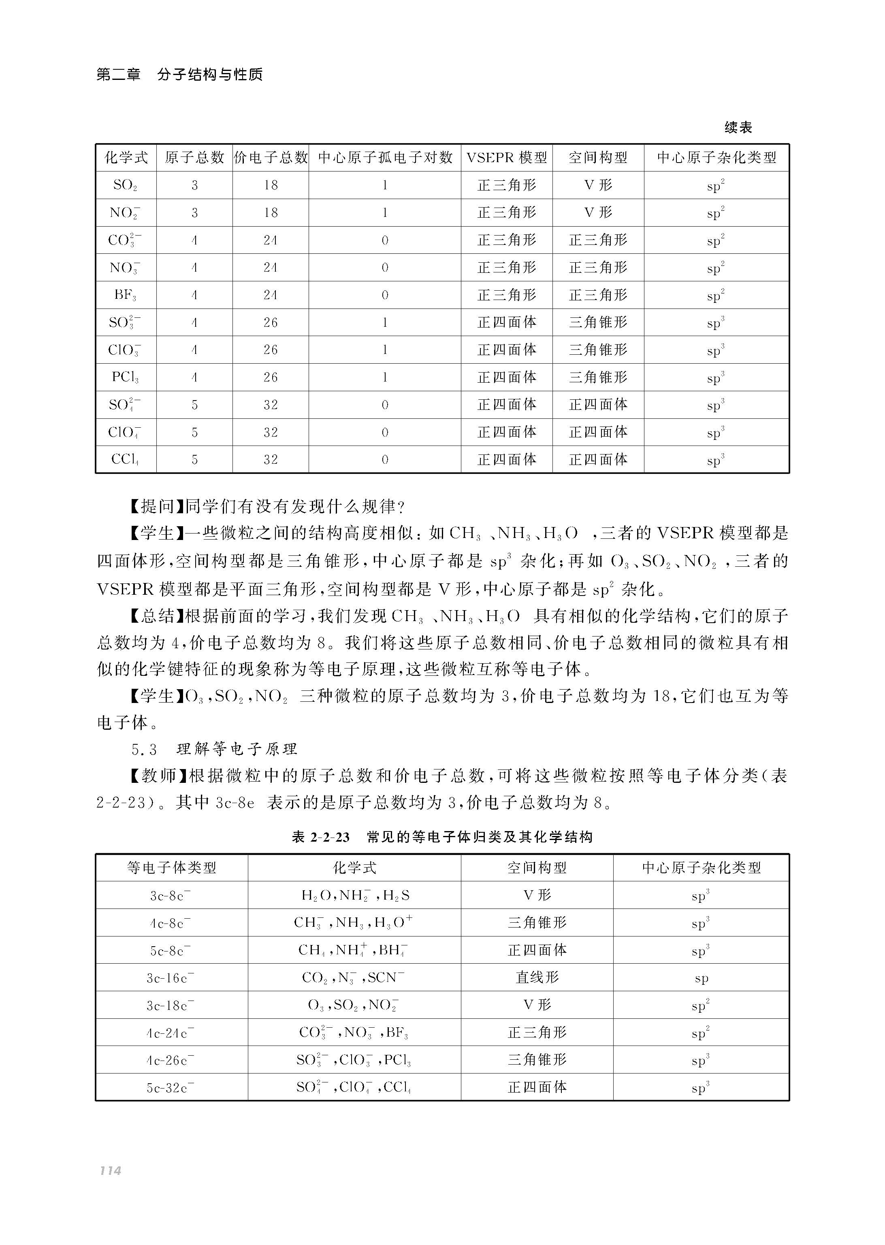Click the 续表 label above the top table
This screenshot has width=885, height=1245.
pyautogui.click(x=738, y=128)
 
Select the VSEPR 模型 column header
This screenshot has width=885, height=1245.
pyautogui.click(x=506, y=158)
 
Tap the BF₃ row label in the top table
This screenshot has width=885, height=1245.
pyautogui.click(x=125, y=295)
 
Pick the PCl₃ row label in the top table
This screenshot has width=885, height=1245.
pyautogui.click(x=125, y=377)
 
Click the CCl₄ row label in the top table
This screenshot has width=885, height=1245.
pyautogui.click(x=125, y=459)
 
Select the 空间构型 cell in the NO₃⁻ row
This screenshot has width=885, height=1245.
pyautogui.click(x=598, y=267)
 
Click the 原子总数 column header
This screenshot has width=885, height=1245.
pyautogui.click(x=194, y=158)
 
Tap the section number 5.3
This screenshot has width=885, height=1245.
pyautogui.click(x=144, y=749)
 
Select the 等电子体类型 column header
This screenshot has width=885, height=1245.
pyautogui.click(x=172, y=868)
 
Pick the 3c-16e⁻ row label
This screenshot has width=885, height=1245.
pyautogui.click(x=170, y=978)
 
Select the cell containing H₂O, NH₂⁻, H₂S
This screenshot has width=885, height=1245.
pyautogui.click(x=355, y=896)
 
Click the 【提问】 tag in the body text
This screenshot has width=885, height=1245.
pyautogui.click(x=157, y=507)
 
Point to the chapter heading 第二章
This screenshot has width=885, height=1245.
pyautogui.click(x=118, y=74)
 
